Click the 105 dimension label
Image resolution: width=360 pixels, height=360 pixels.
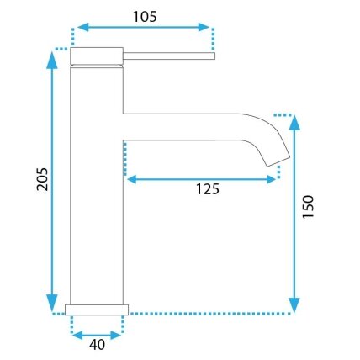(145, 17)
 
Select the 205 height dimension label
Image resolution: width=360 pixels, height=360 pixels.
(42, 179)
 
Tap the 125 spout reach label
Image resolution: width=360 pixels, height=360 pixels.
(208, 189)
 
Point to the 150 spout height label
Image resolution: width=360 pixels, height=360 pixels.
(308, 207)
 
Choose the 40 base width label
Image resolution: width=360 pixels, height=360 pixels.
(97, 345)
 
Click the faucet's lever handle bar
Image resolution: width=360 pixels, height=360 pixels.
(169, 56)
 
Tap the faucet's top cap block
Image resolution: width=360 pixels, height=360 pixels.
(97, 56)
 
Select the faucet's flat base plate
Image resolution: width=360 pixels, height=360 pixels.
(97, 310)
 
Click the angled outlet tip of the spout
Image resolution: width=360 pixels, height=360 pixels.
(278, 161)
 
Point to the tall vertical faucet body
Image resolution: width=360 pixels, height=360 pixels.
(97, 184)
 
